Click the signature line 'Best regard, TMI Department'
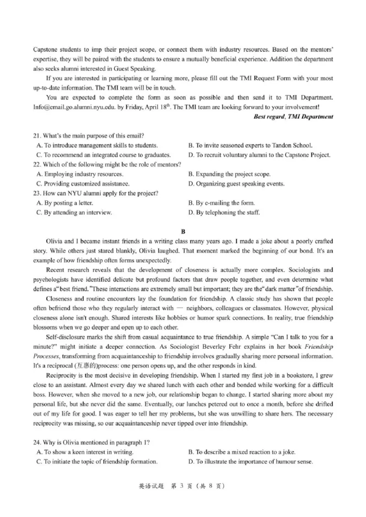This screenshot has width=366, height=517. (293, 116)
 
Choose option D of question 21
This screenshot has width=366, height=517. (259, 155)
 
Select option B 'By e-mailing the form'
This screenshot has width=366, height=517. (221, 203)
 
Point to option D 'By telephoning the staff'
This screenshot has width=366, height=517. (224, 212)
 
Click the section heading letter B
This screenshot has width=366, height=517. (183, 232)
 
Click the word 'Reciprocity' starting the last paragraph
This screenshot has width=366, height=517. (61, 375)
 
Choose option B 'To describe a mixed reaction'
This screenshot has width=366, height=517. (242, 452)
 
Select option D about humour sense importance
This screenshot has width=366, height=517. (250, 461)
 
